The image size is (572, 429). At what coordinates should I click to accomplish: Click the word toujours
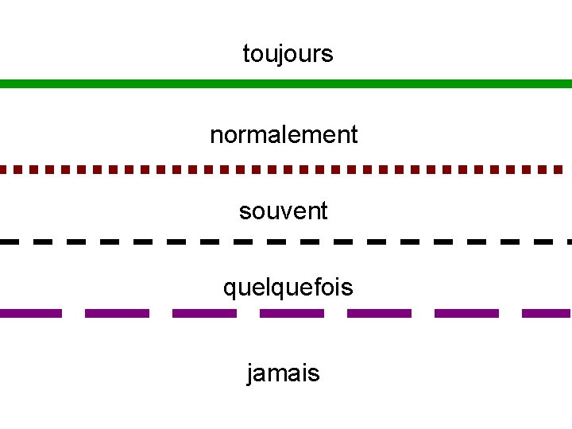[x=288, y=54]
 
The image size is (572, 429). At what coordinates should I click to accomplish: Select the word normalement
[x=284, y=134]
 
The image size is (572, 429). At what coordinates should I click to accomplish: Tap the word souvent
[x=283, y=211]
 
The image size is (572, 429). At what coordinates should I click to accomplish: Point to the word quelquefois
[x=288, y=287]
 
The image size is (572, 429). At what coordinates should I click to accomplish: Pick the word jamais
[x=284, y=373]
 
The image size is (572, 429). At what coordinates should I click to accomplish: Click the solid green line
[x=286, y=83]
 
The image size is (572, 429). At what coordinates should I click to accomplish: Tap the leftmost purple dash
[x=30, y=313]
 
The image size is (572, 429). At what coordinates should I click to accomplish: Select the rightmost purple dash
[x=547, y=313]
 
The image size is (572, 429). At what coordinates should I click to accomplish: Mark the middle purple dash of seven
[x=292, y=313]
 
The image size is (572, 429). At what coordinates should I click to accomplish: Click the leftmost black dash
[x=10, y=240]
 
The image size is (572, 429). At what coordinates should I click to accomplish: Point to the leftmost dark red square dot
[x=3, y=169]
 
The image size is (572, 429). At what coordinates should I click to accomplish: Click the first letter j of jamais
[x=252, y=373]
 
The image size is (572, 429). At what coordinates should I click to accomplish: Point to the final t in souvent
[x=323, y=211]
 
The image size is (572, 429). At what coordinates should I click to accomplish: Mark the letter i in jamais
[x=303, y=372]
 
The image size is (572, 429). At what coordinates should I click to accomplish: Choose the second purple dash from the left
[x=117, y=313]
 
